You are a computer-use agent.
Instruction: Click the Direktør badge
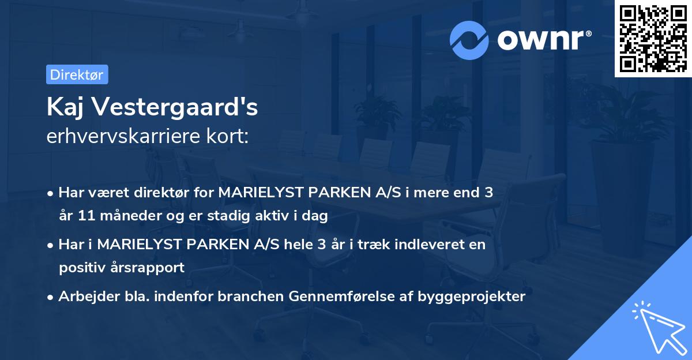tap(77, 74)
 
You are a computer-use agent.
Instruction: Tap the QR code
tap(653, 39)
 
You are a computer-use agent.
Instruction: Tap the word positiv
tap(82, 268)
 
